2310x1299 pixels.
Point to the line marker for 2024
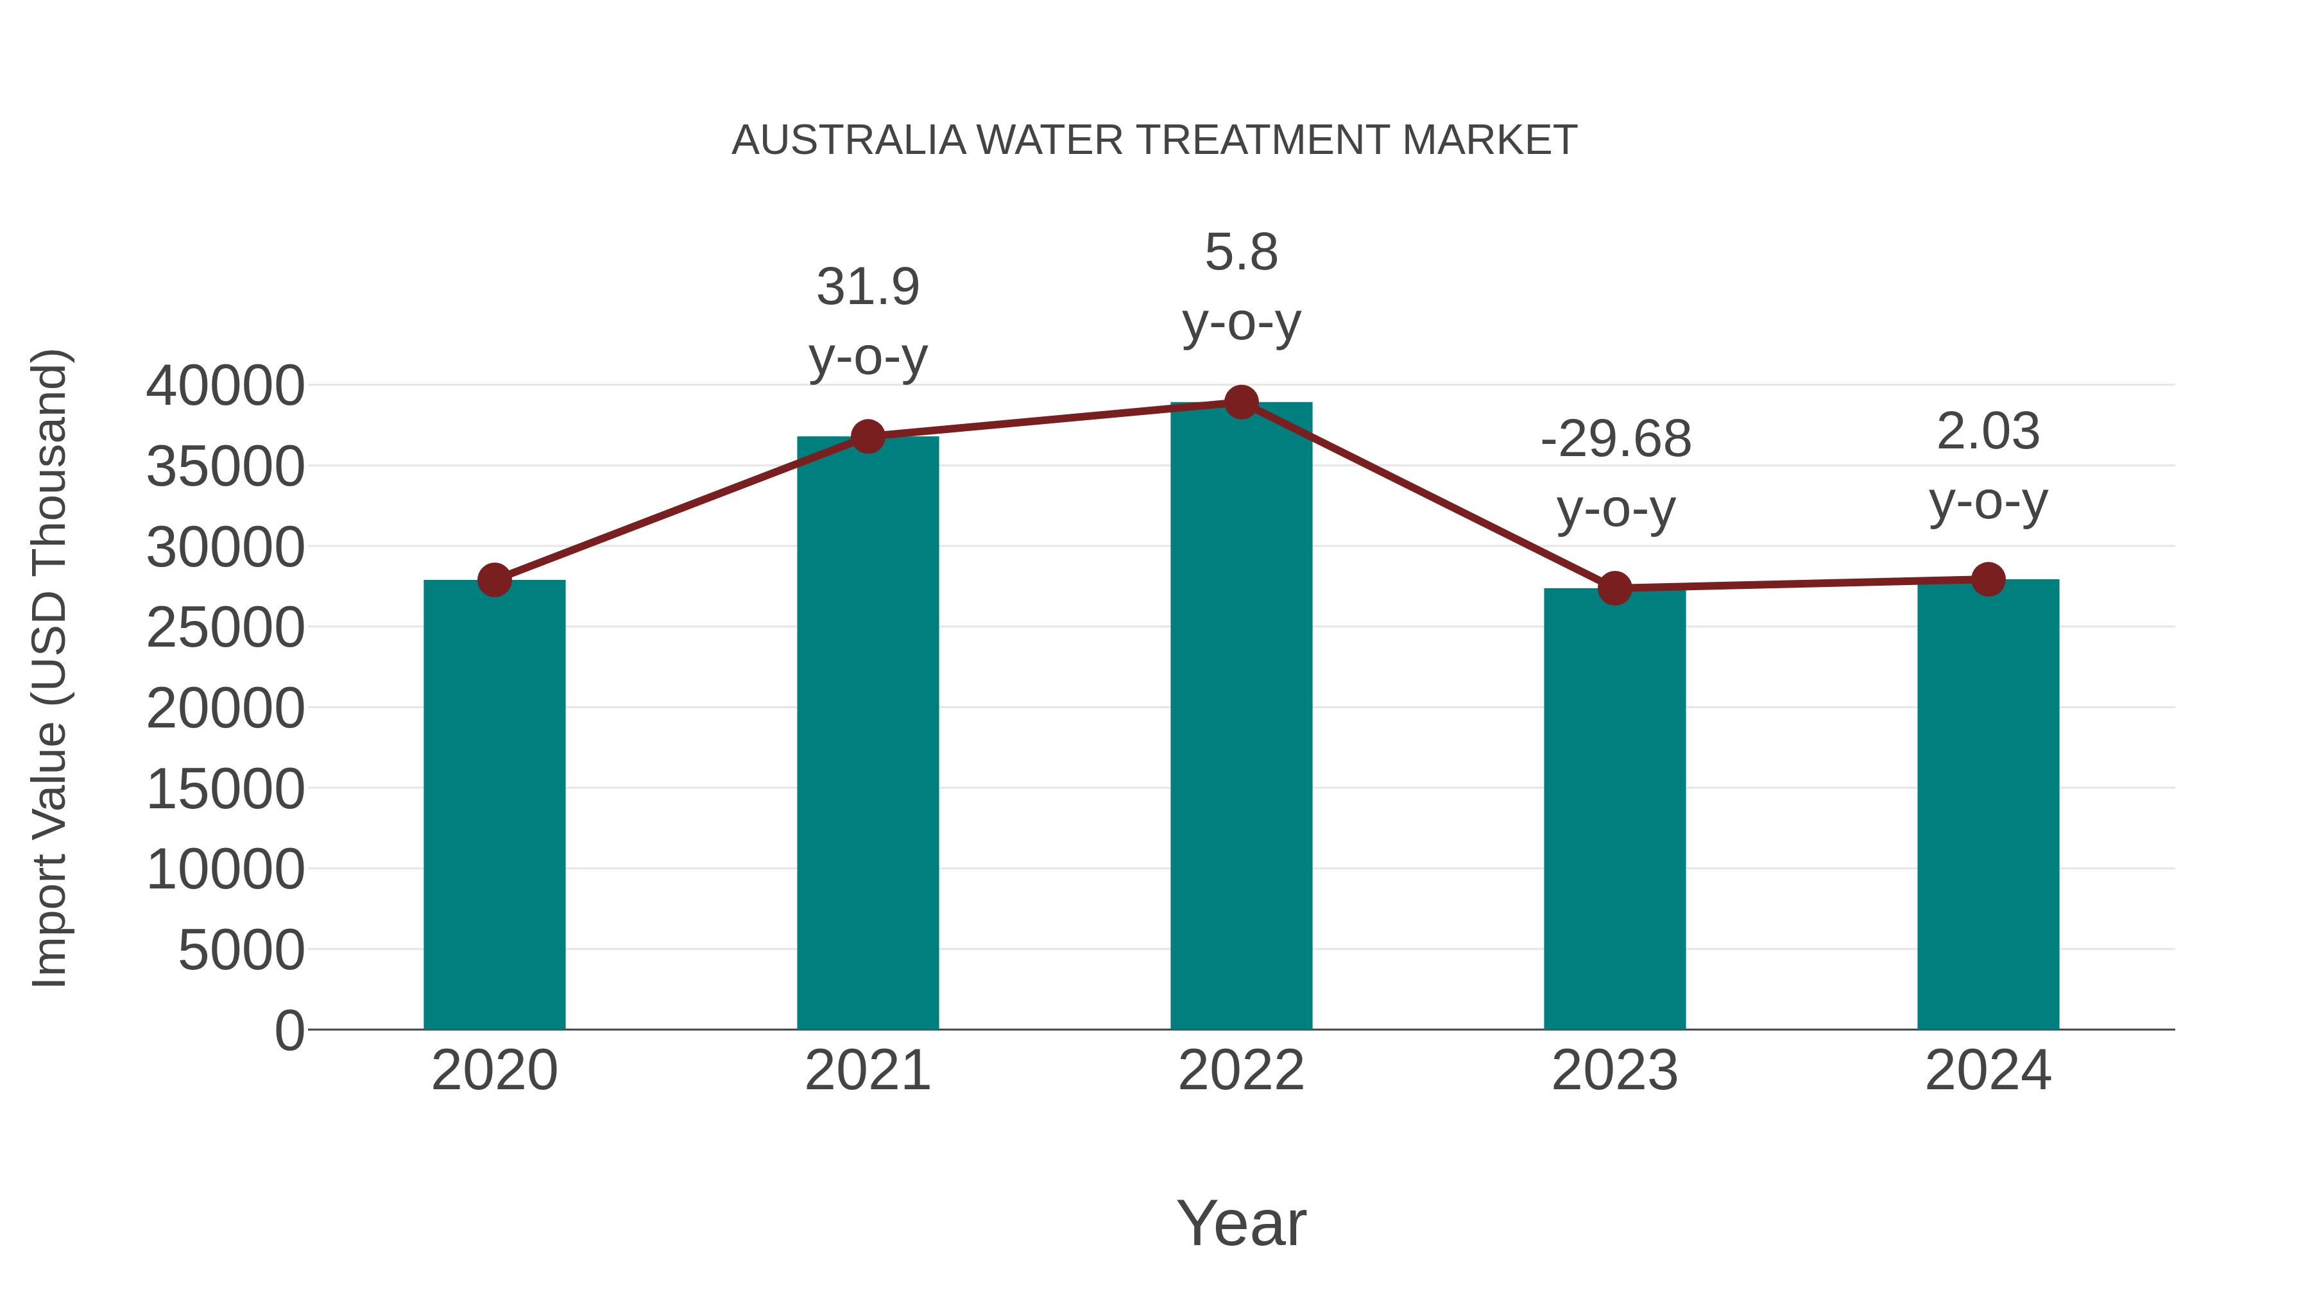coord(1988,579)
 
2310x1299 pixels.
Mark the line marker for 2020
coord(494,580)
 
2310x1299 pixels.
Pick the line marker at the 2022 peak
coord(1241,402)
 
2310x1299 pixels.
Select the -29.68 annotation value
coord(1615,439)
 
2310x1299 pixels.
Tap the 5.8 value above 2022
coord(1241,252)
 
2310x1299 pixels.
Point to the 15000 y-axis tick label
coord(225,790)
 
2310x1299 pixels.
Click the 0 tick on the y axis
coord(289,1030)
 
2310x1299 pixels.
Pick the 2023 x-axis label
coord(1614,1071)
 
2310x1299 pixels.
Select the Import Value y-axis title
coord(50,668)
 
